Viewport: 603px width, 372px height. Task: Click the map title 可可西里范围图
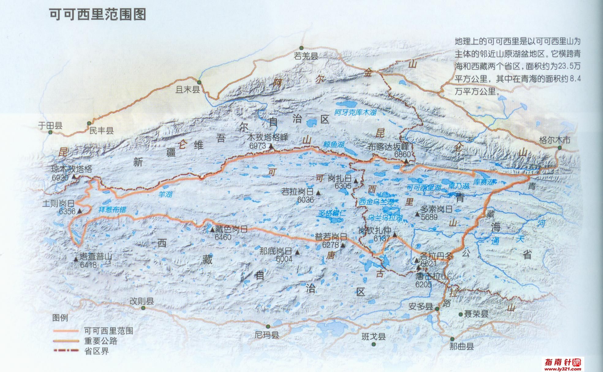(97, 14)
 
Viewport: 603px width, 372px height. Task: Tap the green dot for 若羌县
(302, 48)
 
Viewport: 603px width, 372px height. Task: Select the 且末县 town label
(187, 89)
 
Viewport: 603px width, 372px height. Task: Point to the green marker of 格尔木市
(560, 148)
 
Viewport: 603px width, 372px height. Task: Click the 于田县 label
(50, 125)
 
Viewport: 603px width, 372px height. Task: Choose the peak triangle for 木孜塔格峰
(271, 147)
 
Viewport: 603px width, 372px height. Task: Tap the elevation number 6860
(402, 155)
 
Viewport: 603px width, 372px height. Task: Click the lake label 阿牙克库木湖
(355, 113)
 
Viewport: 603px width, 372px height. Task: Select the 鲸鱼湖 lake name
(334, 144)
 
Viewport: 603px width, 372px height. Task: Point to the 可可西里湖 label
(424, 187)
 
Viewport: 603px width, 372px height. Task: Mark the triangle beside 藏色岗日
(212, 229)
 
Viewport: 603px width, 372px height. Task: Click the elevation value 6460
(223, 237)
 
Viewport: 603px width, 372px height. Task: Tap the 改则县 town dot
(143, 308)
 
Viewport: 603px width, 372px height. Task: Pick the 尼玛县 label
(267, 335)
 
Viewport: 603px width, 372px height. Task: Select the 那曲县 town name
(462, 347)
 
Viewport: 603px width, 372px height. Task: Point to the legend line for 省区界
(66, 351)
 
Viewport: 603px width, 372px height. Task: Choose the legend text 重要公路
(101, 341)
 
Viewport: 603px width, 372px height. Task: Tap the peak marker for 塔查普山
(76, 259)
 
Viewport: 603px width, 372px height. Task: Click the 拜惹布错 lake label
(112, 210)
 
